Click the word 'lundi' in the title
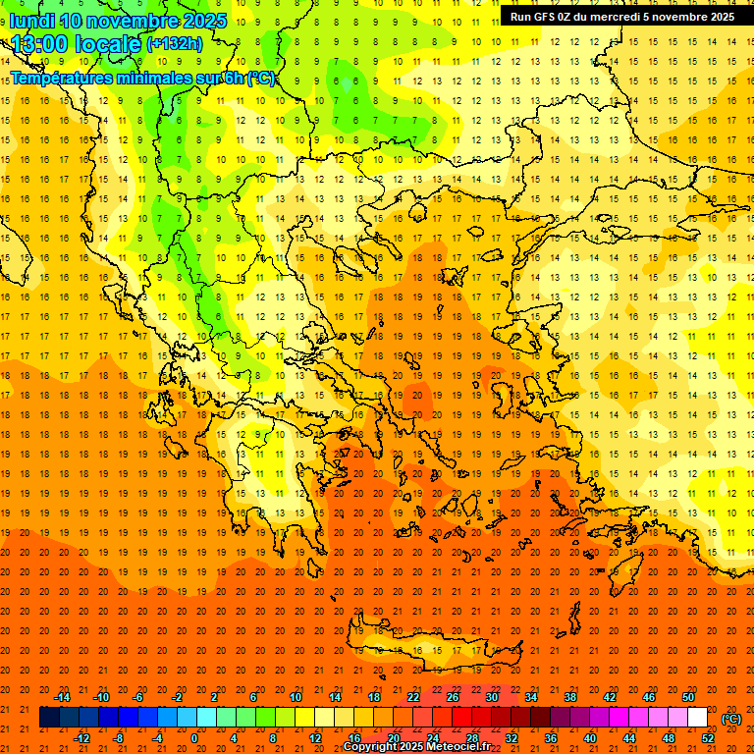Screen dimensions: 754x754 pyautogui.click(x=31, y=21)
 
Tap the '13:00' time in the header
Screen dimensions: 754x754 pyautogui.click(x=39, y=44)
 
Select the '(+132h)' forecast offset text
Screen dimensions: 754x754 pyautogui.click(x=175, y=44)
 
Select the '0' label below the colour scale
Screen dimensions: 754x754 pyautogui.click(x=193, y=738)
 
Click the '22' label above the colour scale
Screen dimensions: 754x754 pyautogui.click(x=413, y=697)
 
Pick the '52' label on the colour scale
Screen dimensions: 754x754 pyautogui.click(x=708, y=738)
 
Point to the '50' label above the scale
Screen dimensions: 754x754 pyautogui.click(x=687, y=697)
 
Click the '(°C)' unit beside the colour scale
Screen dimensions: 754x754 pyautogui.click(x=731, y=719)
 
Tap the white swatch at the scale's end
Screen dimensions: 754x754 pyautogui.click(x=697, y=718)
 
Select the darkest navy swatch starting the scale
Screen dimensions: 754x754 pyautogui.click(x=49, y=718)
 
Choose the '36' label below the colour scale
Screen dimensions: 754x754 pyautogui.click(x=550, y=738)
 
